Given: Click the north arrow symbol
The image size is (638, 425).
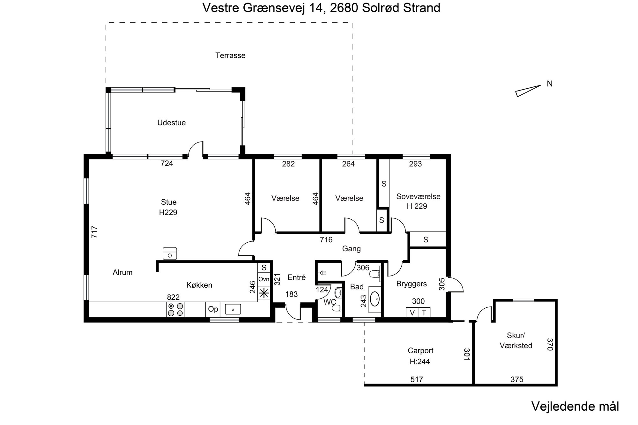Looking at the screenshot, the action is pos(528,91).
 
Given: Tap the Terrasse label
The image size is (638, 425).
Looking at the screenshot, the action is pos(230,55).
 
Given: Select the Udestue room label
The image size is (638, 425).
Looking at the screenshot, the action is pos(171,123).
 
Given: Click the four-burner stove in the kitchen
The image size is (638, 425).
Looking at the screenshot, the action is pos(175,309).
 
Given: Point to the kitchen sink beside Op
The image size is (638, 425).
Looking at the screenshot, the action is pos(233,309).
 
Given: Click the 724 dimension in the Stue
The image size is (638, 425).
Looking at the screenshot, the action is pos(167,164).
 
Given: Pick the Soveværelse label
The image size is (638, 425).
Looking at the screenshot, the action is pos(418,196).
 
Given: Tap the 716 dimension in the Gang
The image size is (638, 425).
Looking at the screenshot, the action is pos(326,240).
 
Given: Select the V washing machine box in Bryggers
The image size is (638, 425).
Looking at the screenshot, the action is pos(412,312).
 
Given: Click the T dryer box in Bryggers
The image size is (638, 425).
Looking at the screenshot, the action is pos(424,312).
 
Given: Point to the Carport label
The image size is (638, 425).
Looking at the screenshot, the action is pos(420,351).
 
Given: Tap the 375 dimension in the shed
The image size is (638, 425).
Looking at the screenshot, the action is pos(517,379).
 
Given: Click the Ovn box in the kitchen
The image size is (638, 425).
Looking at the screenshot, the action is pos(264,280).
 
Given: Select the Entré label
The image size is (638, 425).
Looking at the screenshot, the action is pos(297,277).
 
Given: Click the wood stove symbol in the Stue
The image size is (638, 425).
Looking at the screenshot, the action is pos(170,253).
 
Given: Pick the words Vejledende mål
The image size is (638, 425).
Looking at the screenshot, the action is pos(575,407).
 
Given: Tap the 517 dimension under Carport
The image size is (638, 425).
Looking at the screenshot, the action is pos(417,379).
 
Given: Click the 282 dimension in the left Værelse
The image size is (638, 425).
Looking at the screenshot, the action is pos(288,164).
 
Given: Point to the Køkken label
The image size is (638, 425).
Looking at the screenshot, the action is pos(199,285).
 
